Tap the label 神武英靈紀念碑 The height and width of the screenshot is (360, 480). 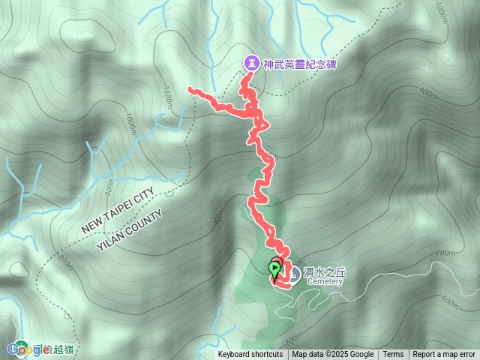click(299, 65)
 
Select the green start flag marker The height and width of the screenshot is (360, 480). click(275, 268)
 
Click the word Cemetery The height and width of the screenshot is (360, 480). click(324, 283)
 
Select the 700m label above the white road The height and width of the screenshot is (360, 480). click(445, 253)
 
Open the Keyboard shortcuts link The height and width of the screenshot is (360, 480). click(250, 355)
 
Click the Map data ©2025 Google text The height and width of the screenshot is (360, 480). click(333, 355)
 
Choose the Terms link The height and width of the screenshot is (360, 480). click(393, 355)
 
